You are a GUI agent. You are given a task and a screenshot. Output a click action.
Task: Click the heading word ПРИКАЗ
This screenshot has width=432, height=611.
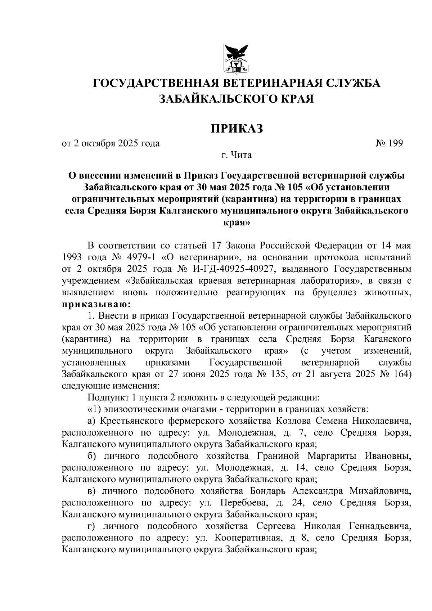pos(237,128)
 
